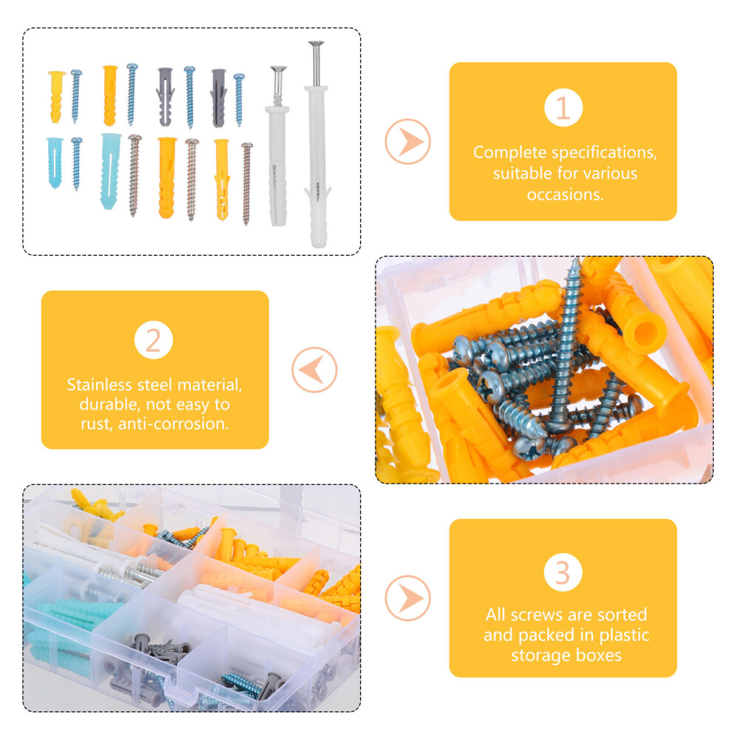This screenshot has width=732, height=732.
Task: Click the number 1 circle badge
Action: [563, 107]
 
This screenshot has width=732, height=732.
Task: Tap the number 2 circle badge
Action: [154, 340]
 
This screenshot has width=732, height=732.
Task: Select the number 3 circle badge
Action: [563, 572]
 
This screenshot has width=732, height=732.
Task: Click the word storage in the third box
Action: [541, 656]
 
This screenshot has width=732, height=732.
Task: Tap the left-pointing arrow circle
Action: [314, 370]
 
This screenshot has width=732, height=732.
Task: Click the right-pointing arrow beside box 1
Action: [407, 141]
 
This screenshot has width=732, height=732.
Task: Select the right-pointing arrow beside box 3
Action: [407, 598]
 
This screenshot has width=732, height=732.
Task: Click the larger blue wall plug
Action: [111, 171]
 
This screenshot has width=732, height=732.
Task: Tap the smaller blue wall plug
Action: [55, 163]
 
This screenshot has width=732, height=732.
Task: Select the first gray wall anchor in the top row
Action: [166, 97]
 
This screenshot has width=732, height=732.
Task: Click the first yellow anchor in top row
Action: [56, 97]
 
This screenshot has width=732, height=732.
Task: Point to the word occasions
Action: [565, 194]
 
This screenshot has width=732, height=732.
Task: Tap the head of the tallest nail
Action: [316, 44]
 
